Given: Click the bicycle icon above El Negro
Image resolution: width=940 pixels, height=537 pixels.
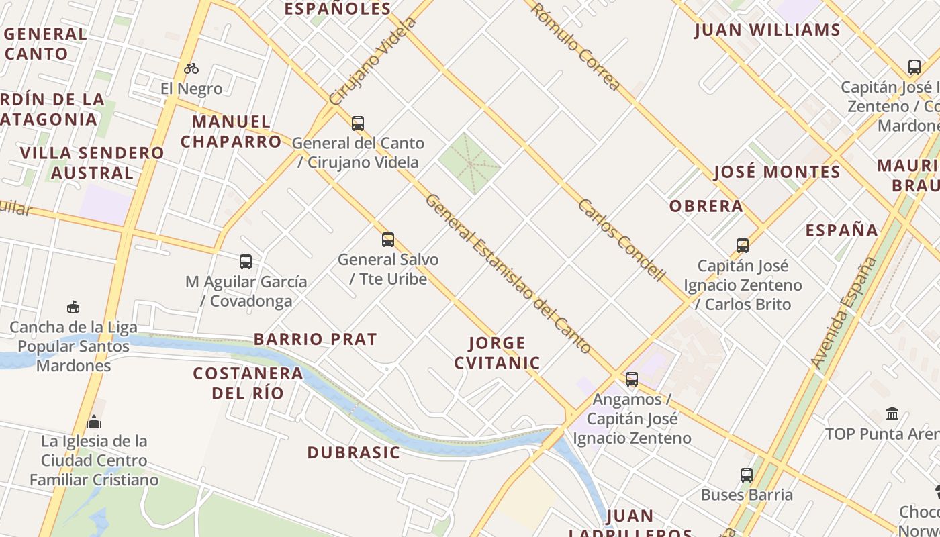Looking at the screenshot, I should tap(191, 68).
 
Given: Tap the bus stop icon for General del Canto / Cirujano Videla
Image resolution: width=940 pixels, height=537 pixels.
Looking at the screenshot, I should tap(358, 124).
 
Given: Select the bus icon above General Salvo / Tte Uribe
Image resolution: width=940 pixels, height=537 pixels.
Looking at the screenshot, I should tap(388, 240).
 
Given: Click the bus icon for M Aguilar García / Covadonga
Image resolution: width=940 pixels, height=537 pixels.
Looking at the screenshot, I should tap(246, 262).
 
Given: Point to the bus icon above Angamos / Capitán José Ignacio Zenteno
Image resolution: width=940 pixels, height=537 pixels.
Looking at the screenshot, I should tap(632, 379).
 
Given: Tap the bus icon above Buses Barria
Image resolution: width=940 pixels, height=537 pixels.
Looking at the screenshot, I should tap(747, 475).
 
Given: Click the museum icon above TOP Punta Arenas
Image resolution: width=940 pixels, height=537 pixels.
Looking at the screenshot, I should tap(892, 413).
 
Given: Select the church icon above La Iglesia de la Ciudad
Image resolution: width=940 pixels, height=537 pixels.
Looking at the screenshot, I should tap(94, 422).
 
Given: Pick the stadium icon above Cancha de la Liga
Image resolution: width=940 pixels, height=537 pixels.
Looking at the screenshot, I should tap(73, 307).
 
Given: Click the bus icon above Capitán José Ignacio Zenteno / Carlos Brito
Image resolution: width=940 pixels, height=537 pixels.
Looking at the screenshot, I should tap(743, 246).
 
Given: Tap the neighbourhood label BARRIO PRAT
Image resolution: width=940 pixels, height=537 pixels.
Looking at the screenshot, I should tap(315, 340).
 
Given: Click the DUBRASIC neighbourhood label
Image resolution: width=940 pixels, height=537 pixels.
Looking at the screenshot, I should tap(354, 453).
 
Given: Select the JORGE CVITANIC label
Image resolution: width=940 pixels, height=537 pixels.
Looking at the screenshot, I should tap(497, 353).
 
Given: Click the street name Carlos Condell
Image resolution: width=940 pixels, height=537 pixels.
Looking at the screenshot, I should tap(621, 240).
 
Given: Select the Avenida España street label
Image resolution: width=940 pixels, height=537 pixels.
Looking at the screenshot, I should tap(844, 313).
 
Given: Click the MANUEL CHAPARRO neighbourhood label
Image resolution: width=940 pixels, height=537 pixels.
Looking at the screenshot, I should tap(231, 132).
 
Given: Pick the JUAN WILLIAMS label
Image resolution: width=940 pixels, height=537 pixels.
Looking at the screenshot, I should tap(767, 30).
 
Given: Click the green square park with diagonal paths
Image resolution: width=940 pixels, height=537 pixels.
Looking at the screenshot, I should tap(469, 163).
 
